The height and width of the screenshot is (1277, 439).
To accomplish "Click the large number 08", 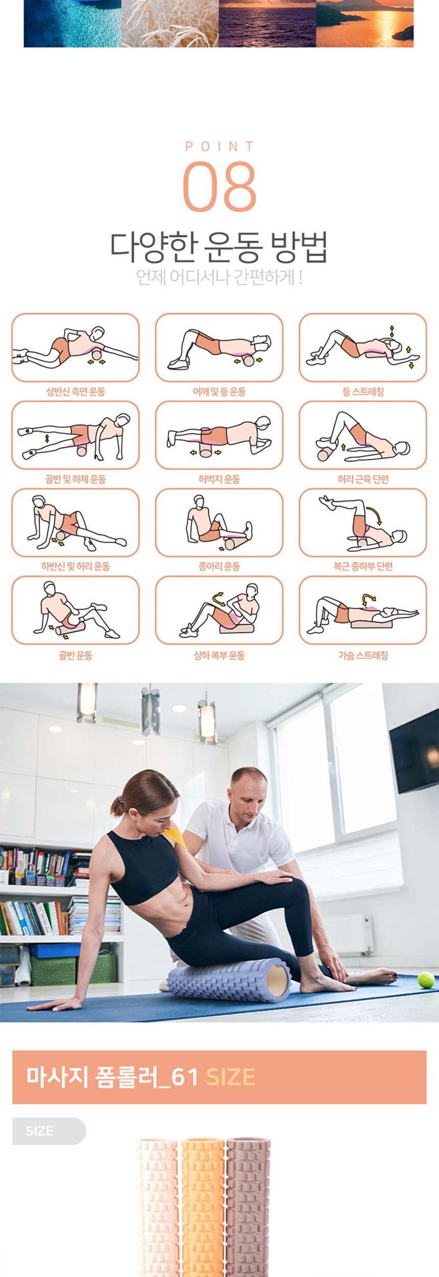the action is coord(219,186).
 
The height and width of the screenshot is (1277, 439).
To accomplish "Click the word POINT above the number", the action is coord(219,147).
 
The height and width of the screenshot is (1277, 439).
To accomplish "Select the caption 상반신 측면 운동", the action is coord(76,392).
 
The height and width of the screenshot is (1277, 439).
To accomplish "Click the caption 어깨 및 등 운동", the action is coord(219,392).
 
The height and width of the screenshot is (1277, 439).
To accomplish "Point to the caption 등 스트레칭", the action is coord(363,392).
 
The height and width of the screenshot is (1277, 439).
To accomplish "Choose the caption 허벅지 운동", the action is coord(219,479).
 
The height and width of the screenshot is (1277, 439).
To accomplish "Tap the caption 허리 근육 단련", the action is coord(363,479).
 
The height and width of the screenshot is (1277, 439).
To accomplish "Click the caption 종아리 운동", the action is coord(219,566).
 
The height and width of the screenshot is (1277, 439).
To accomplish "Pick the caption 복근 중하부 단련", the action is coord(363,566).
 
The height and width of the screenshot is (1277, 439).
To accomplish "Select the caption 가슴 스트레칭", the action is coord(363,655).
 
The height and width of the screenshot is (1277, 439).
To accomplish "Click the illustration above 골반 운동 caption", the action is coord(76,610).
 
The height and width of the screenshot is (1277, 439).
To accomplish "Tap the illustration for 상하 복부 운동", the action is coord(219,610).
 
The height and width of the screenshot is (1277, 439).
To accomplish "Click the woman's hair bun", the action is coord(116,808).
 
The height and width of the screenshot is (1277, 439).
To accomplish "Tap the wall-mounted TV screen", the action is coord(414,750).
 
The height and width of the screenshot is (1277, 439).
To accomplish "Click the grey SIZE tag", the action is coord(49,1131).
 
